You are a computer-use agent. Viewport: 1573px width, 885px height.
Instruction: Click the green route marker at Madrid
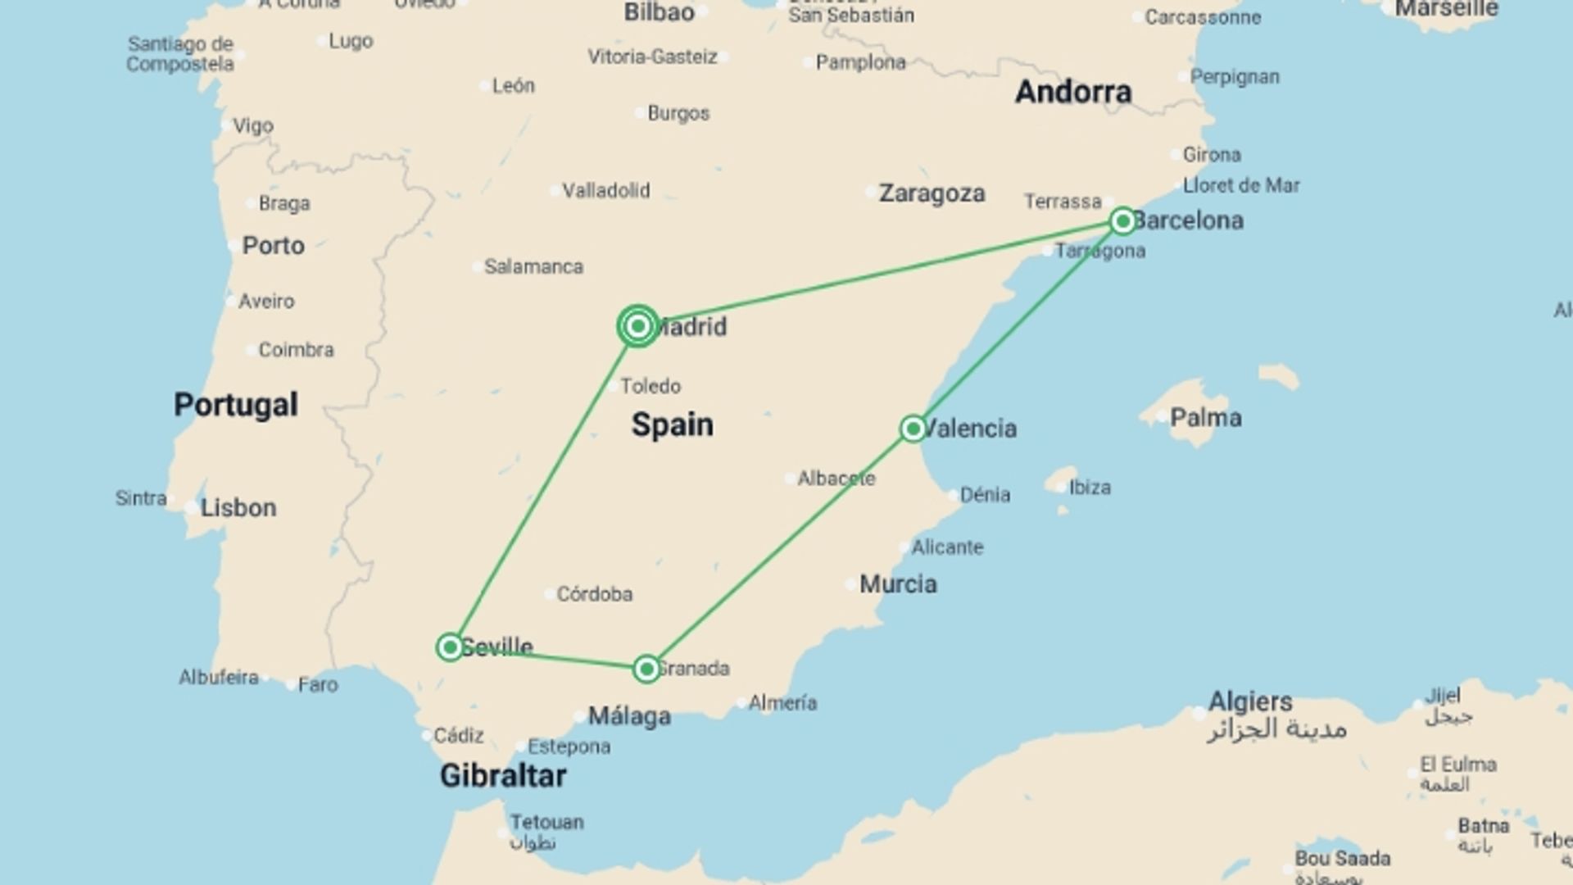coord(638,326)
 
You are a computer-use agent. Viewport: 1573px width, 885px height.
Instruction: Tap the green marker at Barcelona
coord(1122,220)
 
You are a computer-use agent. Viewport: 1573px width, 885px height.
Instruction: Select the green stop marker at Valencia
coord(913,429)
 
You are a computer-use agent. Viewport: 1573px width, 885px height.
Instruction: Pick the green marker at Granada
coord(646,669)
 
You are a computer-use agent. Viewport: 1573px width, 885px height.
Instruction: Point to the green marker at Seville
coord(450,647)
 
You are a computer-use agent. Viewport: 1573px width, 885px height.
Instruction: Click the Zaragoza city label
coord(932,193)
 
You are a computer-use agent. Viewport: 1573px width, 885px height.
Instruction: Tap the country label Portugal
coord(236,405)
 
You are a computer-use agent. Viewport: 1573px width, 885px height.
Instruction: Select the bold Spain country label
coord(672,424)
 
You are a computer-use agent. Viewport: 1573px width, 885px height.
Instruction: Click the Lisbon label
coord(238,508)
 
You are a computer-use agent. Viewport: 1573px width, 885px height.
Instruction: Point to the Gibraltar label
coord(502,775)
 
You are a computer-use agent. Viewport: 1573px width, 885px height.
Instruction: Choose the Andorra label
coord(1073,92)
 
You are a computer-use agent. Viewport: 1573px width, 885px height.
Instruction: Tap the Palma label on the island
coord(1205,418)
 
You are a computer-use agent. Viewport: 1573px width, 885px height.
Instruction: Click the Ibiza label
coord(1090,488)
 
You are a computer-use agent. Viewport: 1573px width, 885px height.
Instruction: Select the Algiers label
coord(1250,701)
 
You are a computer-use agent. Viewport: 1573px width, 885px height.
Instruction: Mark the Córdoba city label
coord(594,594)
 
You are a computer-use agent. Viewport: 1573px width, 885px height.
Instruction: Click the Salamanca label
coord(533,267)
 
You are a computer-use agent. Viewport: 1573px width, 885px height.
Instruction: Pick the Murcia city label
coord(898,584)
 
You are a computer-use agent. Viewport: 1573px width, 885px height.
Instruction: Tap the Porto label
coord(273,246)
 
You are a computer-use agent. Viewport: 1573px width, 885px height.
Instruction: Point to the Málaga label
coord(629,716)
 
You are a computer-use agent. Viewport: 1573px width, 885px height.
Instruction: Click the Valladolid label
coord(605,191)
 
